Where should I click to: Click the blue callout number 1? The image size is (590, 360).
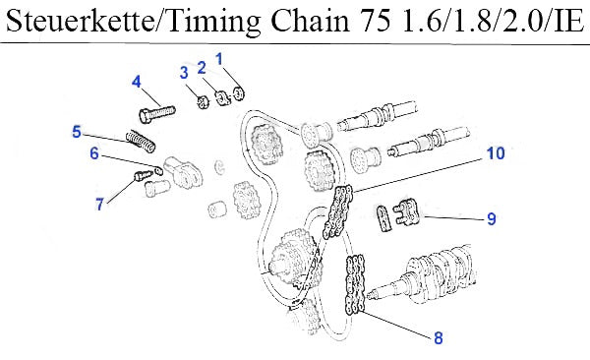(219, 59)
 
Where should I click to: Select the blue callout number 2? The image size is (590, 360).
(202, 68)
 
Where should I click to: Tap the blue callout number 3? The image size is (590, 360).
(184, 73)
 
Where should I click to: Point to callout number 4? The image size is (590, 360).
(137, 82)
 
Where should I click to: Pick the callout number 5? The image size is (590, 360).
(77, 132)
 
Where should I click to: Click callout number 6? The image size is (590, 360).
(94, 153)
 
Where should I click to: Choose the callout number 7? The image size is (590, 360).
(99, 205)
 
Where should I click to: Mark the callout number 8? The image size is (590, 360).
(439, 337)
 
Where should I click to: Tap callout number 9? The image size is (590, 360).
(492, 218)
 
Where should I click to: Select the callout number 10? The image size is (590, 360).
(496, 153)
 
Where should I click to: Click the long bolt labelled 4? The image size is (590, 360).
(157, 112)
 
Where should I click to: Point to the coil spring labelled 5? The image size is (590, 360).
(140, 141)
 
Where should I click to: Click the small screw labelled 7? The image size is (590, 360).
(144, 175)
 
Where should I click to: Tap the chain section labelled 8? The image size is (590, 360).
(355, 284)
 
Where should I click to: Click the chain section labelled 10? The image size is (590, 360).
(337, 210)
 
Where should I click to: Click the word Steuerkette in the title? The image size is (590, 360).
(80, 21)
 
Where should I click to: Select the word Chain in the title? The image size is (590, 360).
(310, 21)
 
